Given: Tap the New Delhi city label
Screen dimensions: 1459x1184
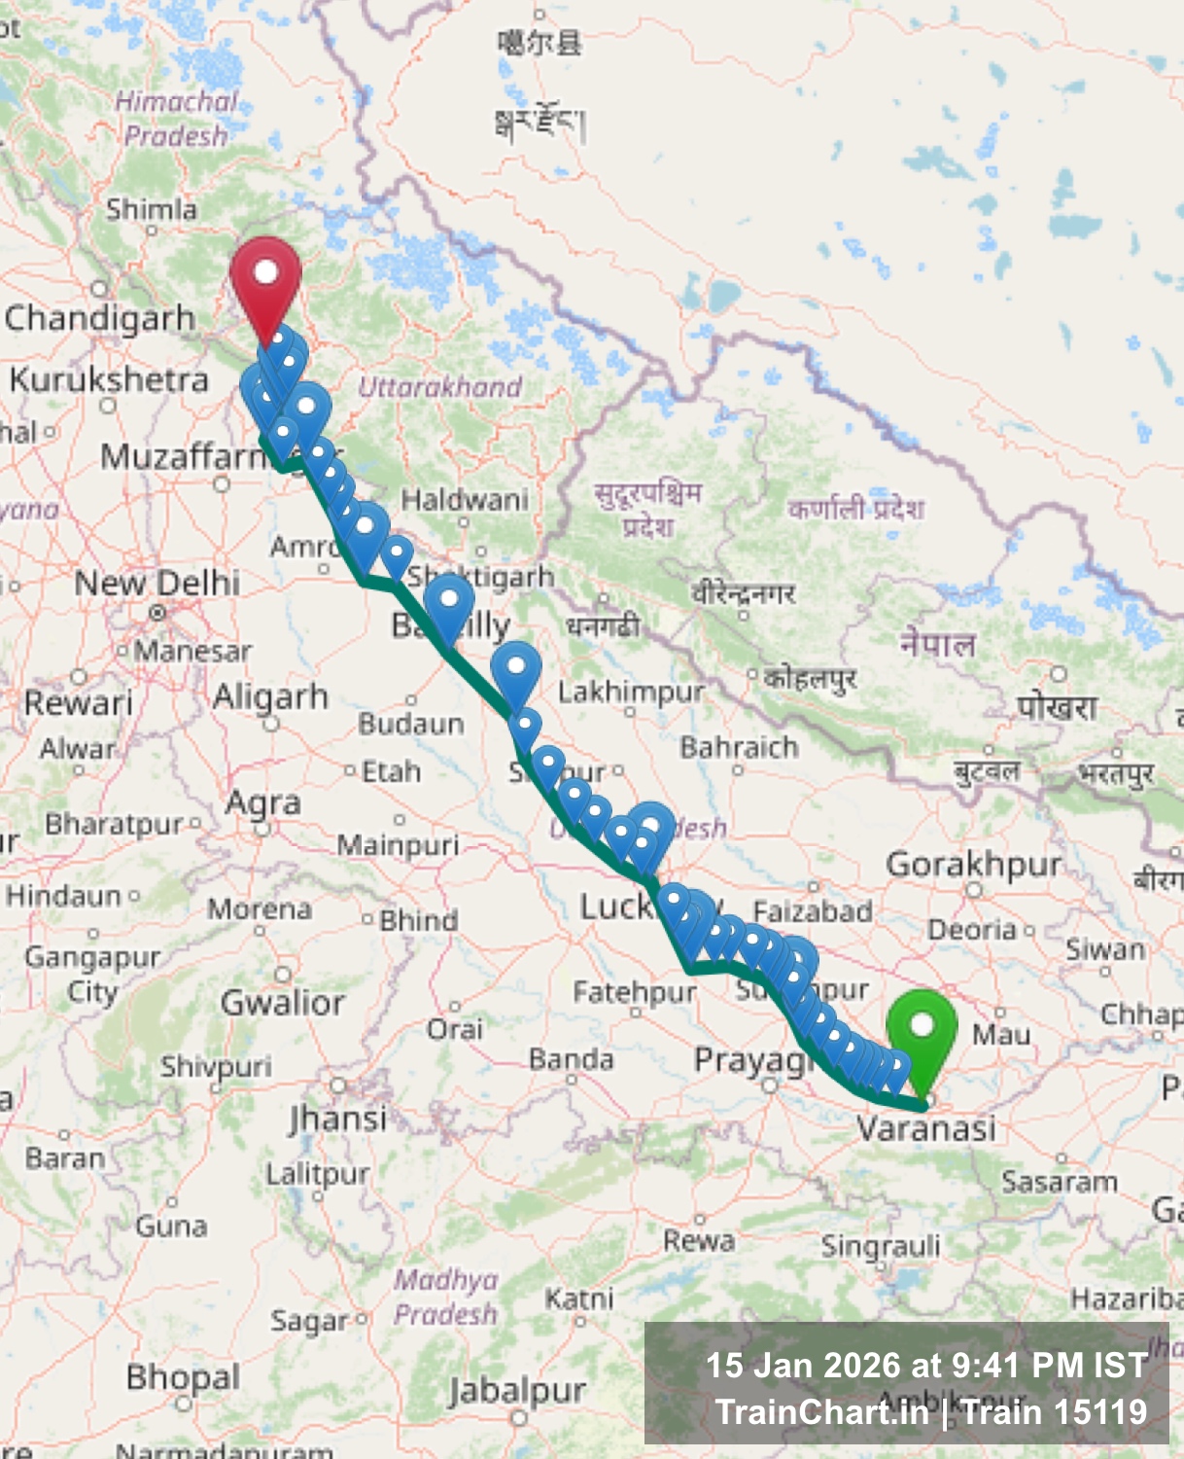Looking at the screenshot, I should pyautogui.click(x=157, y=583).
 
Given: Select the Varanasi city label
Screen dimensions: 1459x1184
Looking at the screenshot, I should pyautogui.click(x=925, y=1128).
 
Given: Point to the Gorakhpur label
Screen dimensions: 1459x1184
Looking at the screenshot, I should pyautogui.click(x=973, y=864).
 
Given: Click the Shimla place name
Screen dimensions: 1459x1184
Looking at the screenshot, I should pyautogui.click(x=151, y=209).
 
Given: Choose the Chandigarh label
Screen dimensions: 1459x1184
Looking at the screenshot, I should pyautogui.click(x=100, y=318).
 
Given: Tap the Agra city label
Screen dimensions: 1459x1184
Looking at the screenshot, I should pyautogui.click(x=262, y=803).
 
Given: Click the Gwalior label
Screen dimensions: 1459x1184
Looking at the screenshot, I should pyautogui.click(x=283, y=1002).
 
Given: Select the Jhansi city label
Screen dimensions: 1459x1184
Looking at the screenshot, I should pyautogui.click(x=337, y=1119).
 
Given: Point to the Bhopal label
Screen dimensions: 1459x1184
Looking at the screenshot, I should pyautogui.click(x=183, y=1377).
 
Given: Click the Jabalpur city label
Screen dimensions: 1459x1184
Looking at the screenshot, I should pyautogui.click(x=517, y=1391).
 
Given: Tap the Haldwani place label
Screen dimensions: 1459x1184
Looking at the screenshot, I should pyautogui.click(x=465, y=500).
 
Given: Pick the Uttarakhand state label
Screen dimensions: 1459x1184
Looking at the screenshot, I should pyautogui.click(x=439, y=387).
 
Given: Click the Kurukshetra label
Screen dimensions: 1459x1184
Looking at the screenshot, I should pyautogui.click(x=109, y=379).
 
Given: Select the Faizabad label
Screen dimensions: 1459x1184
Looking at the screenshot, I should pyautogui.click(x=813, y=911).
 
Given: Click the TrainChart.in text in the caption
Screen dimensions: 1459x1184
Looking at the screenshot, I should pyautogui.click(x=821, y=1411).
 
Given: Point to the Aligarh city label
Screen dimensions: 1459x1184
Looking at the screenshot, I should pyautogui.click(x=270, y=696).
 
